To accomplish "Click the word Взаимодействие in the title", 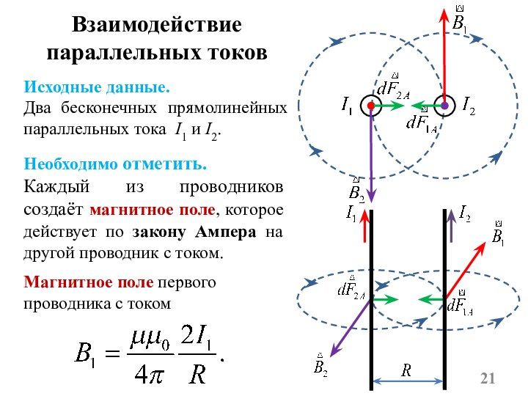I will pos(156,24).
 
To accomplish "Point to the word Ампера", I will pos(227,232).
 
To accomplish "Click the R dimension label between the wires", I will pos(406,370).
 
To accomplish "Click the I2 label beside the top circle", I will pos(468,106).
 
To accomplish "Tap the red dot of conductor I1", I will pos(372,106).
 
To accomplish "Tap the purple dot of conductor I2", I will pos(444,106).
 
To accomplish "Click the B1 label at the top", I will pos(460,20).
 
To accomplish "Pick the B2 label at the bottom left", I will pos(320,364).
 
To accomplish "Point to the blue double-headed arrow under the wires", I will pos(408,381).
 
